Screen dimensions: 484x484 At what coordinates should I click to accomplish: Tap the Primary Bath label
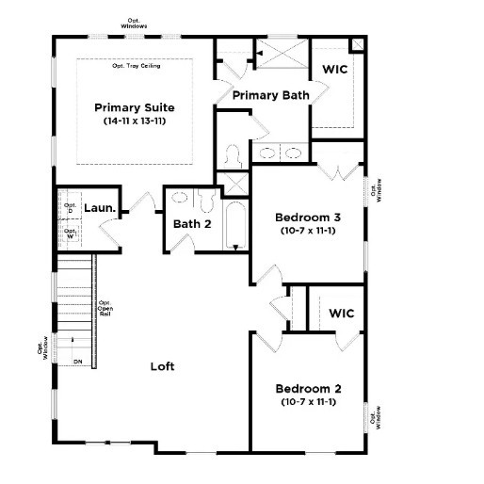(x=270, y=95)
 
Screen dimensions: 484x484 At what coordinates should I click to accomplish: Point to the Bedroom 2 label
(x=308, y=389)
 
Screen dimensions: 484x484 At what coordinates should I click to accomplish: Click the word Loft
(x=163, y=366)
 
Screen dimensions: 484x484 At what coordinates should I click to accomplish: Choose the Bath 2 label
(x=192, y=224)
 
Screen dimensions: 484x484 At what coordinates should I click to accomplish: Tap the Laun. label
(x=100, y=208)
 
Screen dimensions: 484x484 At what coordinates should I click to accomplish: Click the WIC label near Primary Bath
(x=335, y=70)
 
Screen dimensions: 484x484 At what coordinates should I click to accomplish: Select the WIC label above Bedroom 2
(x=341, y=314)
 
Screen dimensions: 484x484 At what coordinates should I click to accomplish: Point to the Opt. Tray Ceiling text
(x=136, y=66)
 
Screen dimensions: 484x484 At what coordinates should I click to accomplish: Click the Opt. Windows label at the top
(x=135, y=23)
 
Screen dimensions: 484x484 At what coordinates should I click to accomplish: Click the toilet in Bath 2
(x=205, y=201)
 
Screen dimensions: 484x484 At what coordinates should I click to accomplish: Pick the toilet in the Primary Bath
(x=234, y=153)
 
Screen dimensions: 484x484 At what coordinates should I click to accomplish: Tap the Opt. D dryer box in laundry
(x=70, y=206)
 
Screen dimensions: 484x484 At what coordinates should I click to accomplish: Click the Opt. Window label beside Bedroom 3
(x=376, y=189)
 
